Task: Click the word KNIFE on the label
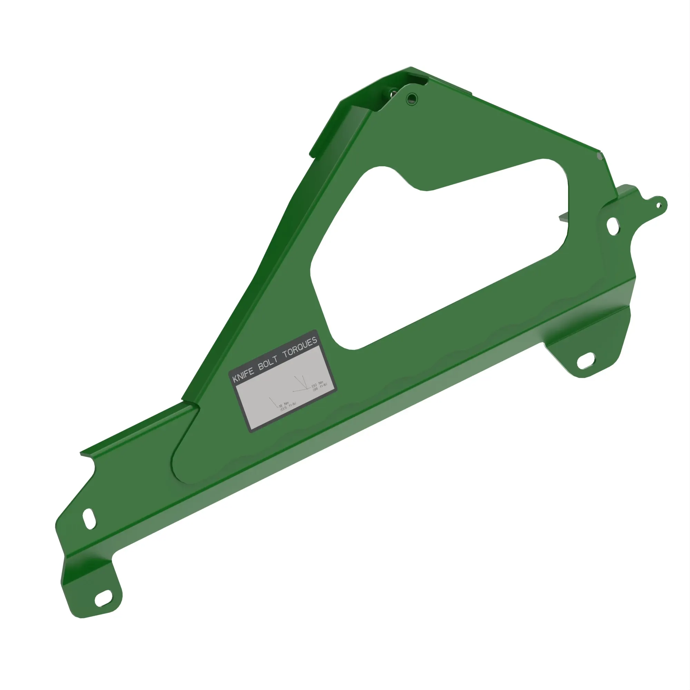[244, 374]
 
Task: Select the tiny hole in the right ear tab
[659, 205]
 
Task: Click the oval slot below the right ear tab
[613, 226]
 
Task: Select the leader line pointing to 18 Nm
[274, 403]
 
